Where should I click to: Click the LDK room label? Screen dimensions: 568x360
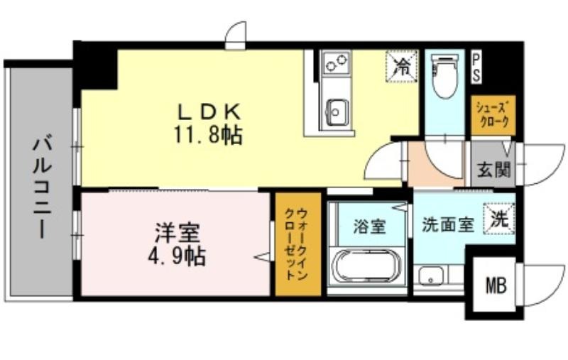(209, 112)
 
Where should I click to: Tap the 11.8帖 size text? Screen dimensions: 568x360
(208, 134)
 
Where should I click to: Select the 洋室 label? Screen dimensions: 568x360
(177, 234)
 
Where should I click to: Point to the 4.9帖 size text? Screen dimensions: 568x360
(177, 257)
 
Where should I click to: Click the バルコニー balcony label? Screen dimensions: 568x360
(43, 187)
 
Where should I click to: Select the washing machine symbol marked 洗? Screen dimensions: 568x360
(499, 219)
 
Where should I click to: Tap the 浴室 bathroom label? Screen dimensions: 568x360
(369, 227)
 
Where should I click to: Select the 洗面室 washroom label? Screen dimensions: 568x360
(448, 224)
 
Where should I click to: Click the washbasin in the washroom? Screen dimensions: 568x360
(431, 276)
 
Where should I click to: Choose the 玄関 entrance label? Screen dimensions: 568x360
(493, 170)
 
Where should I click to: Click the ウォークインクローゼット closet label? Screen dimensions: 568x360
(297, 244)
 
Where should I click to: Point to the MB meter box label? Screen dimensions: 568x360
(496, 285)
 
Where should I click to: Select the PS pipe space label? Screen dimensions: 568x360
(476, 68)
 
